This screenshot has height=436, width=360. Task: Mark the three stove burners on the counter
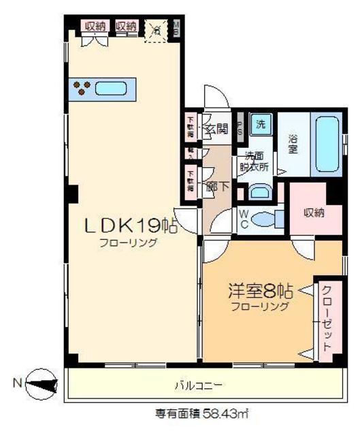point(84,88)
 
